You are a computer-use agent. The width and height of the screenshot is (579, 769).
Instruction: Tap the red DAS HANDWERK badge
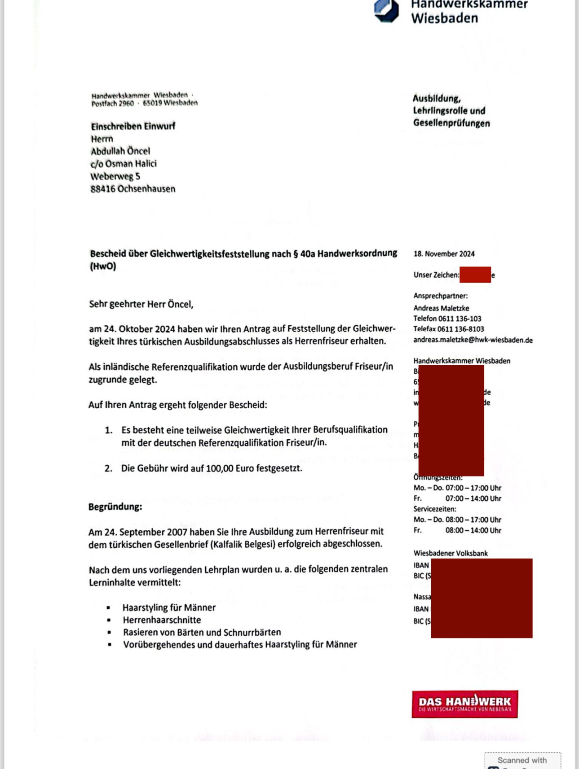464,704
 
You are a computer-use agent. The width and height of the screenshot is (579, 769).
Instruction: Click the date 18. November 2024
444,254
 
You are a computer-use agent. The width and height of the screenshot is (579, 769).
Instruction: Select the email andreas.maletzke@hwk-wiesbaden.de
473,340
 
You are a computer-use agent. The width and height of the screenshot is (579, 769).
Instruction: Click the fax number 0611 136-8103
460,329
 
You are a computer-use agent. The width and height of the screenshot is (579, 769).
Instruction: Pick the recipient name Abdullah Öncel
120,151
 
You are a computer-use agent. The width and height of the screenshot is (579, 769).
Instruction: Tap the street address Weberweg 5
115,176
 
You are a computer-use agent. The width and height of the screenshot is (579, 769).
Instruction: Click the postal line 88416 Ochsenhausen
133,189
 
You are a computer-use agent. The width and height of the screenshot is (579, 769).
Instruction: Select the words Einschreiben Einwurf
133,126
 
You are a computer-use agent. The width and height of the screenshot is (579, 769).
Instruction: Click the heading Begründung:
115,507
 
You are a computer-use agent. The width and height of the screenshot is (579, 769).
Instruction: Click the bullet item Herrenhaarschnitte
162,620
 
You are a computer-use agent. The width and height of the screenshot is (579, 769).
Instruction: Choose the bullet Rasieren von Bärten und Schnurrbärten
202,633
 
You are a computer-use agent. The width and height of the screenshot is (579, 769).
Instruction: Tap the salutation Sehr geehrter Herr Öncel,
141,304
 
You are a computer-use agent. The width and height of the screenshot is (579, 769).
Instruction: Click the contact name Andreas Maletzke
441,308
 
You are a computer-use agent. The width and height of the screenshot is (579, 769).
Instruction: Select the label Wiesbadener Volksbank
450,553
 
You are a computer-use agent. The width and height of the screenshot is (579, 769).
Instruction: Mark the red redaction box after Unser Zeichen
475,275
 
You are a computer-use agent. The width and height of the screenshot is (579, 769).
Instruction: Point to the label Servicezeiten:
434,509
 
